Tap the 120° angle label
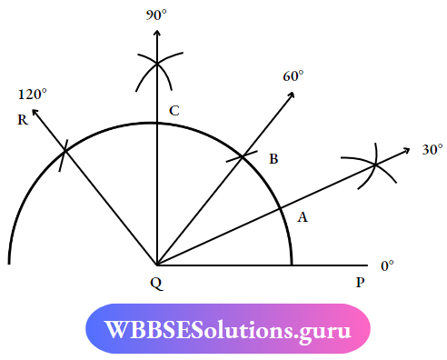pos(31,94)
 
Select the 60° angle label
pos(292,76)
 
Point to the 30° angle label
pos(432,149)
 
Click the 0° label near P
pos(387,265)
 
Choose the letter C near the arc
pos(174,111)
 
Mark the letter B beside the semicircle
pos(273,159)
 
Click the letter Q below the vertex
pos(156,283)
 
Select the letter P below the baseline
pos(360,283)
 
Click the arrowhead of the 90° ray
pos(158,31)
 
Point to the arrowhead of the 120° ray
pos(35,112)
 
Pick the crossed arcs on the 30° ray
pos(375,165)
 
